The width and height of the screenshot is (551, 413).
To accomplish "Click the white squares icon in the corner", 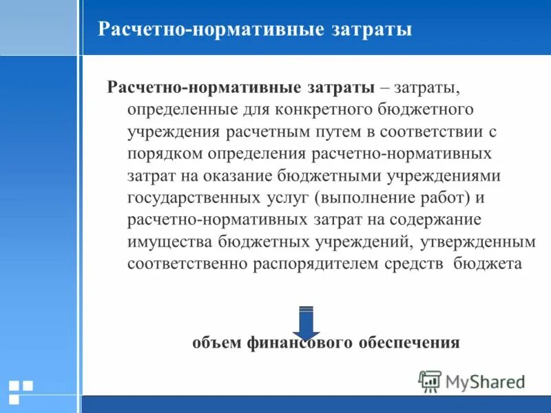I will [x=20, y=391].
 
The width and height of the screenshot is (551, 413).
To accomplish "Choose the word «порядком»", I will [x=164, y=153].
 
